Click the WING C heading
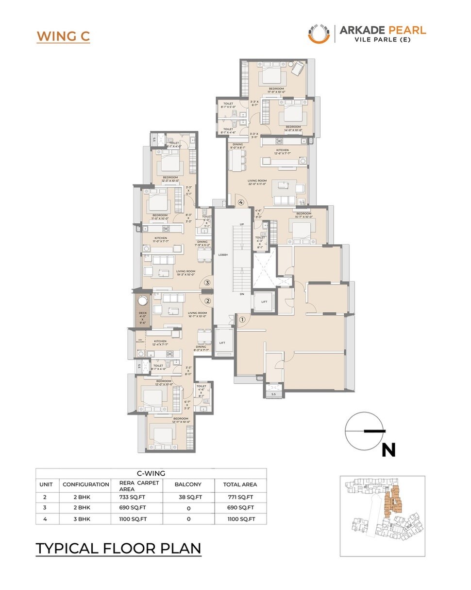[63, 36]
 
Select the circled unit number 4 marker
[240, 202]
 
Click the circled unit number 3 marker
[207, 282]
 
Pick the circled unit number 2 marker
[207, 301]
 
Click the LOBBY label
[223, 255]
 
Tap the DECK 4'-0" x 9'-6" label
[142, 317]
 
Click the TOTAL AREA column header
[240, 484]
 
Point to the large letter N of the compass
[388, 450]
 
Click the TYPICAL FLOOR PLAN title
[118, 548]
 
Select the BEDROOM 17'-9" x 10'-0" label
[276, 90]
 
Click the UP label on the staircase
[241, 224]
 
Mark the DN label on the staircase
[241, 294]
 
